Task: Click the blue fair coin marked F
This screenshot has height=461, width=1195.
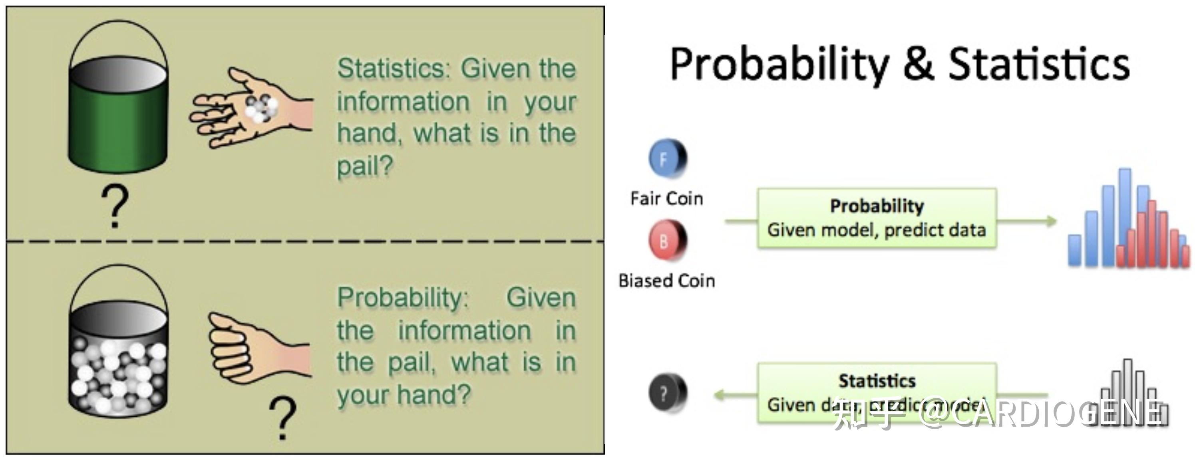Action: point(667,158)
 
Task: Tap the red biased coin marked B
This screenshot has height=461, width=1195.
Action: point(667,240)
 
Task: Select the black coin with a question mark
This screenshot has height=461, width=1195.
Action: point(667,393)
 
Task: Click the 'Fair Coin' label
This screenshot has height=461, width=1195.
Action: point(667,199)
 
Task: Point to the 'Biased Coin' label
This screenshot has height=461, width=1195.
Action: point(667,281)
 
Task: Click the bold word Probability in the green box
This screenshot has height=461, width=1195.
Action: point(876,206)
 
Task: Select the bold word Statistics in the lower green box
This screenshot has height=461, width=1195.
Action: point(876,381)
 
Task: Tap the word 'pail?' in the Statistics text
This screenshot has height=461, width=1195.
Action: point(365,166)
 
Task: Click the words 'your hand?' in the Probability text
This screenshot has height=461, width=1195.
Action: point(404,395)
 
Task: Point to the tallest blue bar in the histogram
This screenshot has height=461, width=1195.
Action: point(1125,218)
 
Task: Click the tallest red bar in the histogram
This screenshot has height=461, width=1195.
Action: point(1152,234)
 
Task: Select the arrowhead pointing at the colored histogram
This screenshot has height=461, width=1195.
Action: point(1050,221)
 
